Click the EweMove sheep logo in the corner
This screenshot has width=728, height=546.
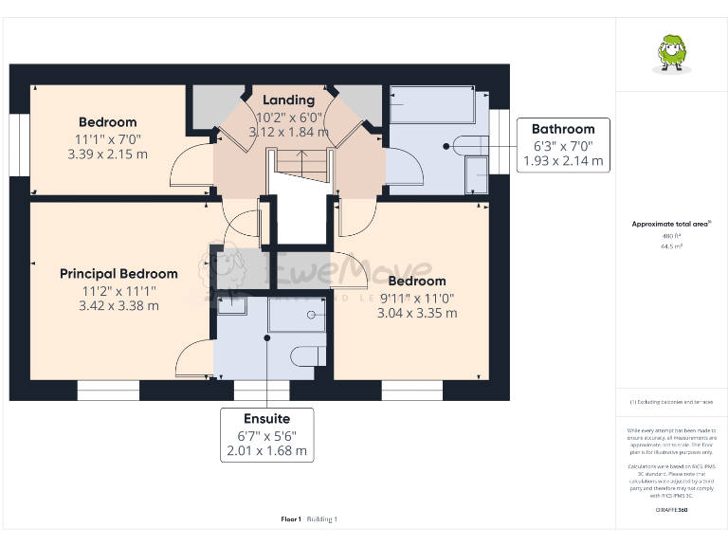point(672,53)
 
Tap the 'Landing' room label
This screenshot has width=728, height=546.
point(288,100)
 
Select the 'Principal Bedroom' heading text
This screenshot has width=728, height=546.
point(118,274)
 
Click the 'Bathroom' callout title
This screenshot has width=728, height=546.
point(563,130)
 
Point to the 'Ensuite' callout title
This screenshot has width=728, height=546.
point(266,418)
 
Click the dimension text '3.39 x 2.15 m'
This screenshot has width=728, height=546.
point(107,155)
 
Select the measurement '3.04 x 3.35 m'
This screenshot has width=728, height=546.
point(418,313)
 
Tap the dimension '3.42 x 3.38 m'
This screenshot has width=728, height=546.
point(119,305)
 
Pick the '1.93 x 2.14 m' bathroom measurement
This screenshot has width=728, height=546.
point(563,161)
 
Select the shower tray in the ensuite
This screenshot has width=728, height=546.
point(298,314)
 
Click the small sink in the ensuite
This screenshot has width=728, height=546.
point(231,305)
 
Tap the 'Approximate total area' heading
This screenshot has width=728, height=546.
point(670,224)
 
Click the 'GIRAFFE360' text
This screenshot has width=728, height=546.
point(672,510)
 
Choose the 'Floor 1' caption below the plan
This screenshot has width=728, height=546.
point(291,519)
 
